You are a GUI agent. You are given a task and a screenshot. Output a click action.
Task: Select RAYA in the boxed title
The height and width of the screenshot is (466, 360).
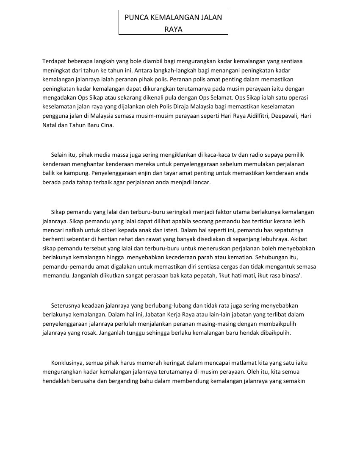click(x=173, y=30)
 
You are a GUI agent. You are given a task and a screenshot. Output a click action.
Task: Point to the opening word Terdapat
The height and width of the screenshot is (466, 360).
click(x=54, y=61)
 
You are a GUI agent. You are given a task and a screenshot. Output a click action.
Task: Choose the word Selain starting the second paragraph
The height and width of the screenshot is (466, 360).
click(x=59, y=155)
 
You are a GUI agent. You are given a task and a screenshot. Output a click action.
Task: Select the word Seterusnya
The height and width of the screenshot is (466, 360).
click(x=66, y=305)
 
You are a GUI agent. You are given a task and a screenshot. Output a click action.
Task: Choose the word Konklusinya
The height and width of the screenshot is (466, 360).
click(x=67, y=363)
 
